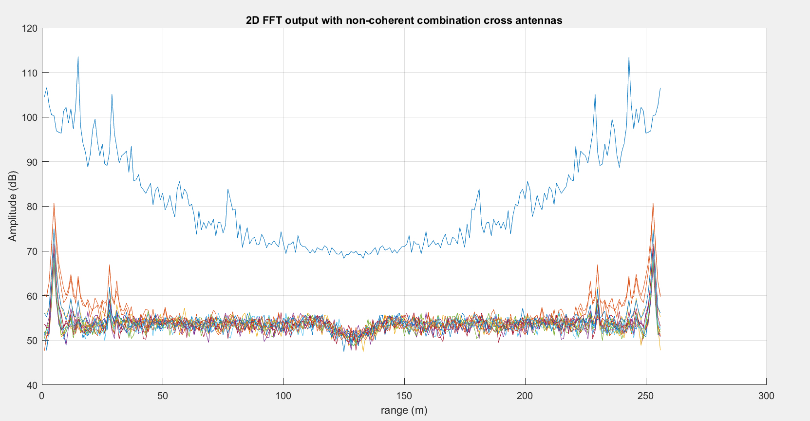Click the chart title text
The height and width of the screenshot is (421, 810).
pos(404,20)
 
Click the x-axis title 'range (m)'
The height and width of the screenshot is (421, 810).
pos(404,410)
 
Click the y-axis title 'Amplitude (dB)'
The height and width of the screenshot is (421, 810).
pos(13,206)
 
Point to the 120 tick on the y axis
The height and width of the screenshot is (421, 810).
pos(30,28)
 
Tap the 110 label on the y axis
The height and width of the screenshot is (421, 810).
pos(30,73)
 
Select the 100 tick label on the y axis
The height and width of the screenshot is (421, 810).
pos(30,117)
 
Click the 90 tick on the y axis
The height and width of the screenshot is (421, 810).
pos(32,162)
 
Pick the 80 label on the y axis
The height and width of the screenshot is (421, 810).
pos(32,207)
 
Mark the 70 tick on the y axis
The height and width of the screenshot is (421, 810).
pos(32,251)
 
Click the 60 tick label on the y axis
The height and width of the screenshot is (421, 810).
pos(32,296)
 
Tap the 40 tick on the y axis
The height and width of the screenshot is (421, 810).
pos(32,385)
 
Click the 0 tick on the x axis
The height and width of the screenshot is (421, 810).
pos(42,396)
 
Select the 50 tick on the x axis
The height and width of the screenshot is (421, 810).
pos(163,396)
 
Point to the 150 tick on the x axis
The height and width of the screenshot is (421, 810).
pos(404,396)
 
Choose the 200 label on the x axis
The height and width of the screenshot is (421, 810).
pos(525,396)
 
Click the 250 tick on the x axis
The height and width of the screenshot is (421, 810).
pos(645,396)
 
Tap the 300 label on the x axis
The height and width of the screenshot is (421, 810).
pos(766,396)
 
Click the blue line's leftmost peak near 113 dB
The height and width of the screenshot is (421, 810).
pos(78,57)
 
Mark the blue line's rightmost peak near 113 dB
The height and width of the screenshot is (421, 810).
pos(629,57)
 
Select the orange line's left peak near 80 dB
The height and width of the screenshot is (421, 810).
pos(54,204)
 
